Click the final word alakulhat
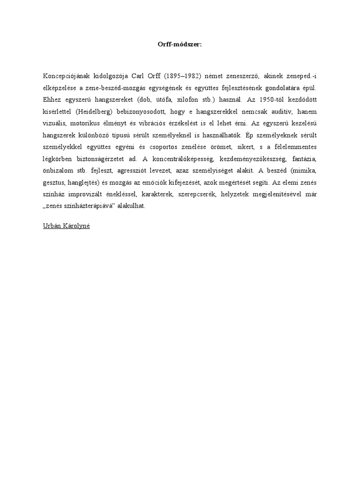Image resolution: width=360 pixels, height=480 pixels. pos(132,209)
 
